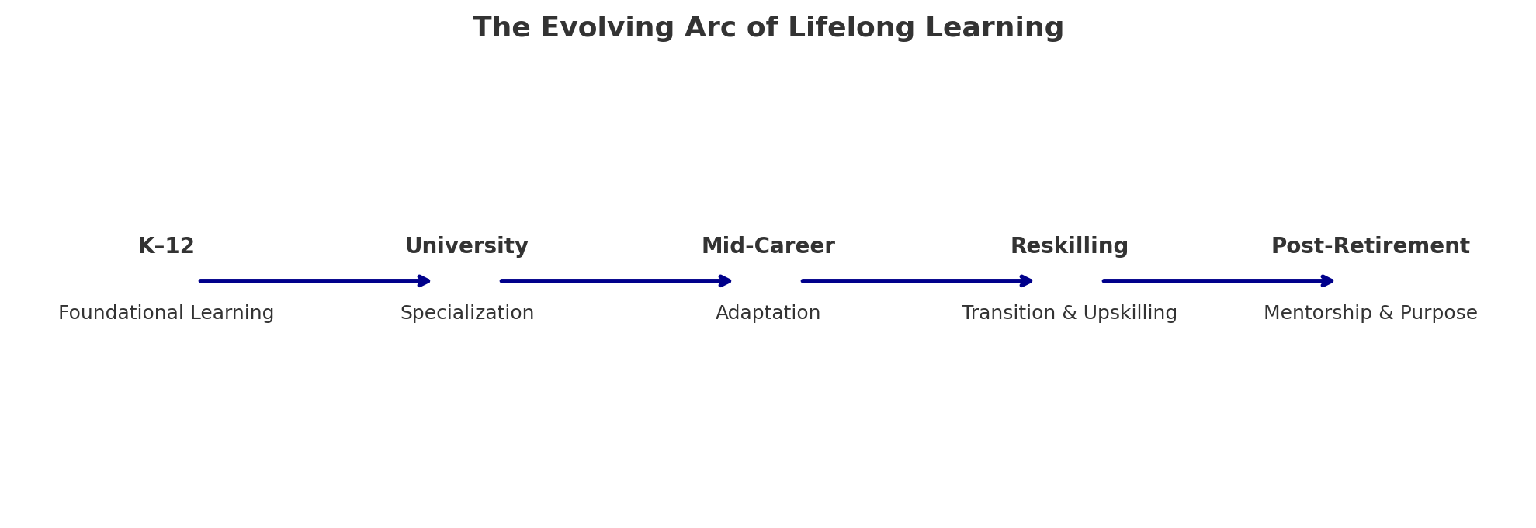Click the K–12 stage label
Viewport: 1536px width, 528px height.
166,246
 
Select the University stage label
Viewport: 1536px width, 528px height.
466,246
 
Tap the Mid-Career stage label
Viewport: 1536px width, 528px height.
768,246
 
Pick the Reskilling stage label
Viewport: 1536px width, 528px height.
1070,246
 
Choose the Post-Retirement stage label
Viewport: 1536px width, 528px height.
1371,246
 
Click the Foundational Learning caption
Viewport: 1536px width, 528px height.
166,313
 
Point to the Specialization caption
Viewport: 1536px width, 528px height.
467,313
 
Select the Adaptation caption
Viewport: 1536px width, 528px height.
768,313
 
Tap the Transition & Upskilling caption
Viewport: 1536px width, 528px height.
1070,313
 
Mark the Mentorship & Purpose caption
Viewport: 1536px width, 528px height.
1371,313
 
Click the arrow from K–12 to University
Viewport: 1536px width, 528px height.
315,280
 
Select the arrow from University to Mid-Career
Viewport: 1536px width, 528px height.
616,280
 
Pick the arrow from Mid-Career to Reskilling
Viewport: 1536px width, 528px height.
917,280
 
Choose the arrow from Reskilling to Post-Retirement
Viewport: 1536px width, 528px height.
1219,280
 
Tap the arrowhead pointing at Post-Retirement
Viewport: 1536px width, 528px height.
1326,280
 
